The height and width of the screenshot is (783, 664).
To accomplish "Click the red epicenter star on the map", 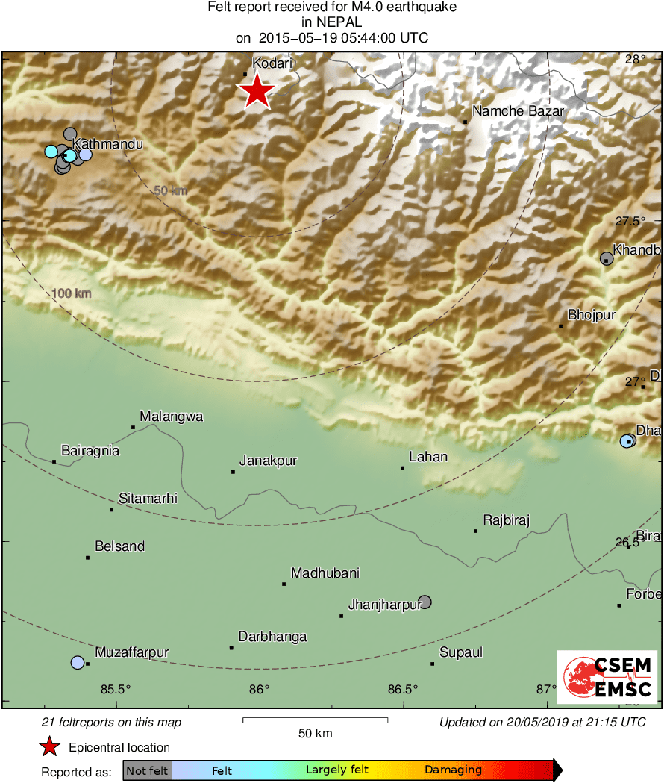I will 256,91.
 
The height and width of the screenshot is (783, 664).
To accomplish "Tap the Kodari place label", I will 272,65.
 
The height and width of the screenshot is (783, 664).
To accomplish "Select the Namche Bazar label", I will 518,111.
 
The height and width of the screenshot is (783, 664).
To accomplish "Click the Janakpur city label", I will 268,461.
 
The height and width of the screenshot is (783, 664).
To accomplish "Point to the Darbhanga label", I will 272,637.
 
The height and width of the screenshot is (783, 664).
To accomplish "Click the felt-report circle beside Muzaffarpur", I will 78,662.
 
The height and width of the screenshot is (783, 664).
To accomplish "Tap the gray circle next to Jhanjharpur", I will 425,602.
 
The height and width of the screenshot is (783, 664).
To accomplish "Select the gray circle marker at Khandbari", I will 607,258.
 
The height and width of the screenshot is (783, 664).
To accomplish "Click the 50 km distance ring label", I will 170,190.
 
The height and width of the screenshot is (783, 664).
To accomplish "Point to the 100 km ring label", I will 72,293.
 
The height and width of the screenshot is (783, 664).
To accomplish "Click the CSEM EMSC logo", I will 607,677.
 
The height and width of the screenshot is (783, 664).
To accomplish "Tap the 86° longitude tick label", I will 259,688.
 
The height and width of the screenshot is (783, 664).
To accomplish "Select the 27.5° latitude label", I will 630,221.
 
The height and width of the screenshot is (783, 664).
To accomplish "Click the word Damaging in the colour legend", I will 453,770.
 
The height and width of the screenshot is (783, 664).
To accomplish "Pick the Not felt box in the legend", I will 147,770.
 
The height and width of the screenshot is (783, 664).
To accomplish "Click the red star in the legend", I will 50,747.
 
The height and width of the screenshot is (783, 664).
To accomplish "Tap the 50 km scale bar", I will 315,720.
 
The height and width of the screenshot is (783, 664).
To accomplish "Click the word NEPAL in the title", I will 331,22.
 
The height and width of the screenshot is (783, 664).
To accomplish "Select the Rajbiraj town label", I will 506,520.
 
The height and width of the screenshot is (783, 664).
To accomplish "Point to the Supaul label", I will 460,652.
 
